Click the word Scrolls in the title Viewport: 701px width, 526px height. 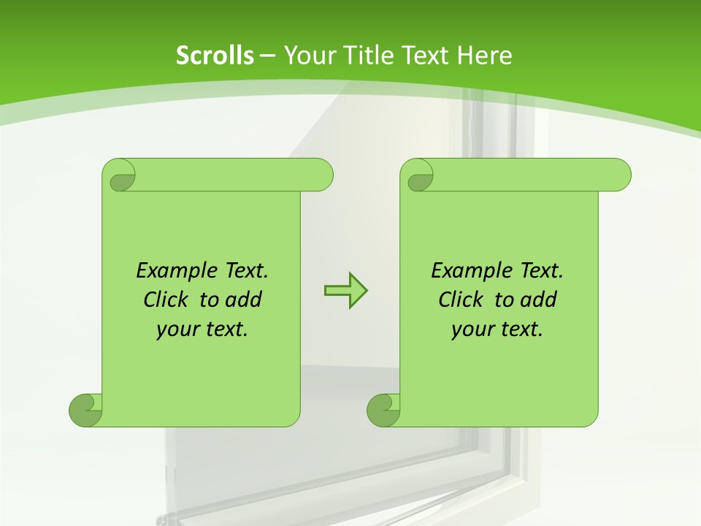215,56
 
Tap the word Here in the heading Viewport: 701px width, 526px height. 485,56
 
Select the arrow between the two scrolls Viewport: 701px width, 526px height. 345,291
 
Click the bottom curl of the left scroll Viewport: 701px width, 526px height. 85,410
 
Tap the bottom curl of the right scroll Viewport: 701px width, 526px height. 383,410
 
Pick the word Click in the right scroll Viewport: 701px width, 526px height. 460,300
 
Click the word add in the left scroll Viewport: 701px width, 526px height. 244,300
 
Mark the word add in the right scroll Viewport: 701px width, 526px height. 539,300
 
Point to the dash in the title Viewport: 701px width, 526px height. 267,56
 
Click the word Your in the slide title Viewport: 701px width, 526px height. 306,56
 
